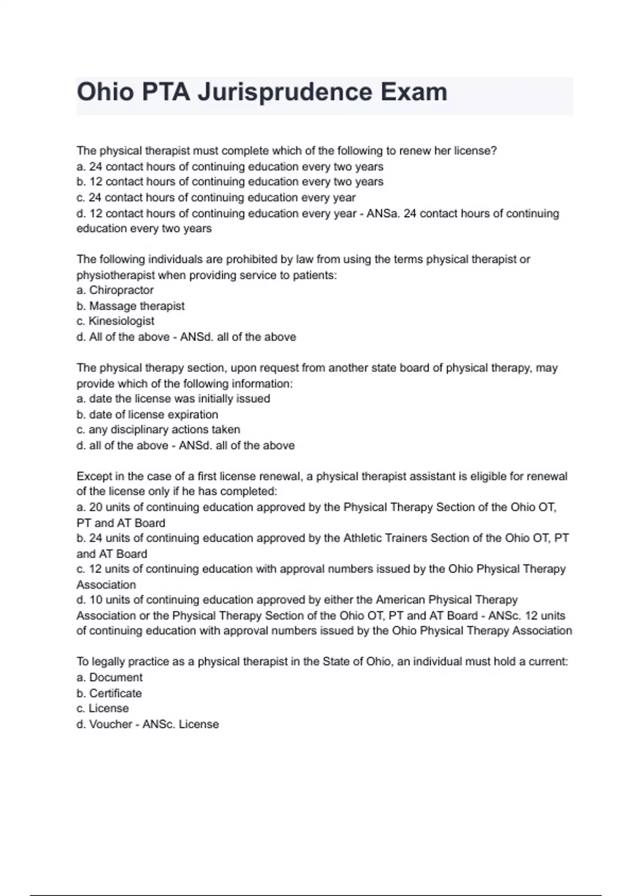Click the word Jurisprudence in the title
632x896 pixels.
coord(285,92)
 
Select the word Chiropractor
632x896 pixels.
coord(121,290)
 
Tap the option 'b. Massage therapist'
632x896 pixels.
coord(131,306)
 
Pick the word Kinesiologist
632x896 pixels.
coord(121,321)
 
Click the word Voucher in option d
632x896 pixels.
coord(111,725)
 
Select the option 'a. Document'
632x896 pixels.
coord(110,678)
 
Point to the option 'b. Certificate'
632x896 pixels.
coord(109,694)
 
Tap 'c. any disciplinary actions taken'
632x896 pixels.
coord(158,430)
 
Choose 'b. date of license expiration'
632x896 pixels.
coord(147,415)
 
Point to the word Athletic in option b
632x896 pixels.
coord(363,539)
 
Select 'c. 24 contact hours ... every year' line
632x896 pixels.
coord(216,198)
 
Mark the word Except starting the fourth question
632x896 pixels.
coord(94,476)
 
